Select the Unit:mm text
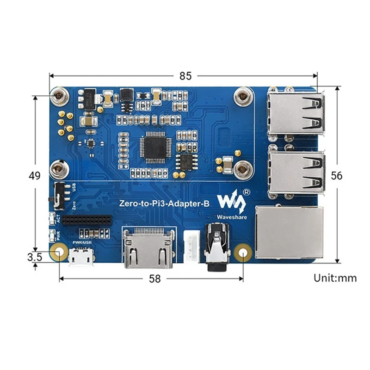coord(335,278)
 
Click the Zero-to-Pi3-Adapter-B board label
coord(164,202)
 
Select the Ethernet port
coord(290,233)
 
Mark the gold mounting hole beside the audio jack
coord(243,253)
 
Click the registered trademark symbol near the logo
coord(247,191)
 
